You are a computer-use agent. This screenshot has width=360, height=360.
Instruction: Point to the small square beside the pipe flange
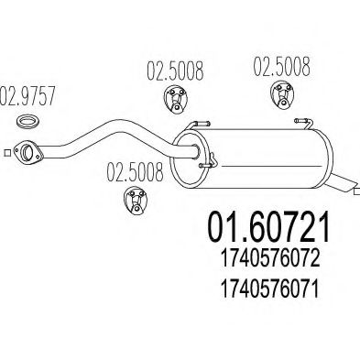[7, 153]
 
